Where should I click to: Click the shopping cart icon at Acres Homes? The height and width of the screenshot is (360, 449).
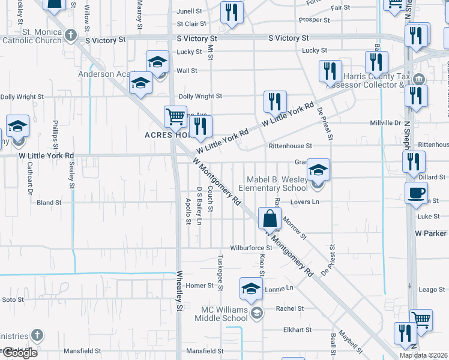tap(175, 116)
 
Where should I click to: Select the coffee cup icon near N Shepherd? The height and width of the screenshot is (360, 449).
tap(415, 193)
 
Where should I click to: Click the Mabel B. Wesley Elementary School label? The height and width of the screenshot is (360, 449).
tap(277, 184)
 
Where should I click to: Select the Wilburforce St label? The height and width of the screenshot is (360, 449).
tap(252, 248)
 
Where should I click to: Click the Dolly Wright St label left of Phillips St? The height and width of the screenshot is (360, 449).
tap(22, 97)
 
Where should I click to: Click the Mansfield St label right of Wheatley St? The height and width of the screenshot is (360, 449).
tap(204, 351)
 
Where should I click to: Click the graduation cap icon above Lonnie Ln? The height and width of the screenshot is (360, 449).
tap(251, 289)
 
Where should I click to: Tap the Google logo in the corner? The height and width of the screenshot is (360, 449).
tap(19, 353)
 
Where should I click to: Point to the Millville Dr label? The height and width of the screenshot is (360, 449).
tap(385, 123)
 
